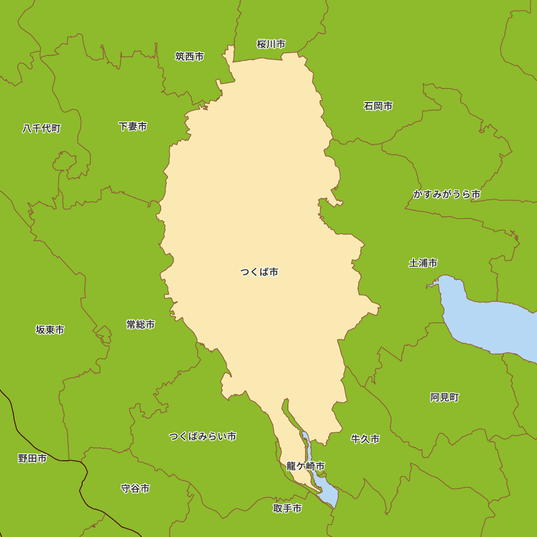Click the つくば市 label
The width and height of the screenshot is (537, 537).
[259, 272]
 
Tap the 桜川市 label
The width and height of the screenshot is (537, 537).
[271, 44]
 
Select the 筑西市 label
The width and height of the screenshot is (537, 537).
[190, 56]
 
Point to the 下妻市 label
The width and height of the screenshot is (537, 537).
[133, 127]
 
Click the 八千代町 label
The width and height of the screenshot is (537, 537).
[41, 129]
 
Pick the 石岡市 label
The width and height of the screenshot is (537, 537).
[378, 106]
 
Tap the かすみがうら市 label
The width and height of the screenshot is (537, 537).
[447, 194]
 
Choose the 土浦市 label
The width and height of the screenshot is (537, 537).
[423, 263]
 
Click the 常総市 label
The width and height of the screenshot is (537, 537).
[141, 325]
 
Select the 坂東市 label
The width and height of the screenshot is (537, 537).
[50, 330]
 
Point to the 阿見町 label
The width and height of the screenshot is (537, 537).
[445, 397]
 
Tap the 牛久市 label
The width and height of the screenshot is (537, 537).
[365, 439]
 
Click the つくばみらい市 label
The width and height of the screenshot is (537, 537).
[202, 436]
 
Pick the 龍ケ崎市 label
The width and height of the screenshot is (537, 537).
[306, 466]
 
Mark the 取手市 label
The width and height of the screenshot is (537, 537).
[287, 509]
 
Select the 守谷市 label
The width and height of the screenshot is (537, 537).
[135, 489]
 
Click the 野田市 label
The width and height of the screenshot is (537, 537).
[32, 459]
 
